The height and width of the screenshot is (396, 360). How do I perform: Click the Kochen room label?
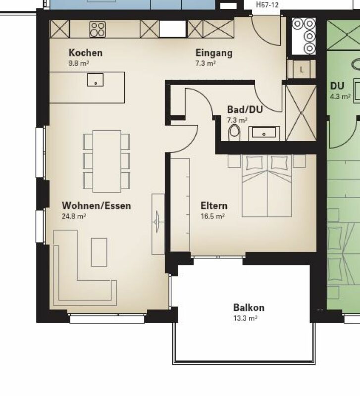tap(86, 53)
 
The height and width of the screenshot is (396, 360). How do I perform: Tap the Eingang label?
tap(214, 53)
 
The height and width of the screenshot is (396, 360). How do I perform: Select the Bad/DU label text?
tap(245, 109)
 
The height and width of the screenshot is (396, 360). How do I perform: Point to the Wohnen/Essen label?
tap(97, 205)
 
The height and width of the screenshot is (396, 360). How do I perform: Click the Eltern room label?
tap(214, 205)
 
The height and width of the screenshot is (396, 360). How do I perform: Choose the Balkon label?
tap(249, 307)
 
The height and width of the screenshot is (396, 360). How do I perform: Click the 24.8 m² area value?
tap(74, 216)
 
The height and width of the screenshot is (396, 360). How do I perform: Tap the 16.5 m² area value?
tap(213, 216)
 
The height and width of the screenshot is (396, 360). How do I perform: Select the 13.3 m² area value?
tap(245, 318)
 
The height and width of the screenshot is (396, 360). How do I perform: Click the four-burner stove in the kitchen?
tap(98, 30)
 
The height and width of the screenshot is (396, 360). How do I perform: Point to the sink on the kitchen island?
tap(95, 80)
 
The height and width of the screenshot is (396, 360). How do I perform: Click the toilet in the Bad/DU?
tap(234, 132)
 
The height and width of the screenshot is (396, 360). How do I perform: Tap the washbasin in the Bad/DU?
tap(264, 133)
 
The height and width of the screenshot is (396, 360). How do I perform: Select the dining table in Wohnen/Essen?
tap(107, 161)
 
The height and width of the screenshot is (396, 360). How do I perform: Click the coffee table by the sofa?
tap(99, 252)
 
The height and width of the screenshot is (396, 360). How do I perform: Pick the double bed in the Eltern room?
tap(267, 186)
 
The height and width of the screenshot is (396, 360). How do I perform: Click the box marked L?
tap(302, 69)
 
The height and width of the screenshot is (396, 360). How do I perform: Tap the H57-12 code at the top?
tap(267, 4)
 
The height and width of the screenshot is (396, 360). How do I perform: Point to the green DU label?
tap(337, 86)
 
